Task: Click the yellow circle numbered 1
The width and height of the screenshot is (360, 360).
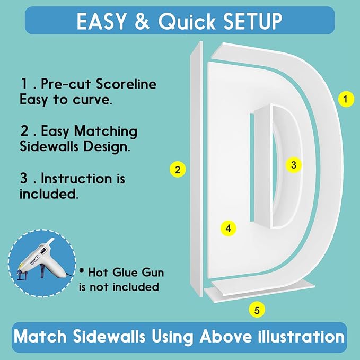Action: (x=346, y=99)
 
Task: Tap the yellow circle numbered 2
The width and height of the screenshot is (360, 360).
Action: (x=178, y=170)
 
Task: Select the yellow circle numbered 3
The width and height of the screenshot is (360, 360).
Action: (x=293, y=165)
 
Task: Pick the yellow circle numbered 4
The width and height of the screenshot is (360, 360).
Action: (x=228, y=229)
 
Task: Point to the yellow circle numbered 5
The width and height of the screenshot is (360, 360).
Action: (x=257, y=310)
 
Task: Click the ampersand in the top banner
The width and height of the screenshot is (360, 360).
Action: (x=142, y=21)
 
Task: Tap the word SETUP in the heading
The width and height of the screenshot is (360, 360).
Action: (x=252, y=21)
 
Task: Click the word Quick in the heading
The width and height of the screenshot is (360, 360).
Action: (x=187, y=21)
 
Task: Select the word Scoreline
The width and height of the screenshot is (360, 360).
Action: (x=126, y=84)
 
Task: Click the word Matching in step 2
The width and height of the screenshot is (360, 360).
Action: (x=106, y=132)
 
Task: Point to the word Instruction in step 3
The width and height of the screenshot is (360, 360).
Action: (x=77, y=178)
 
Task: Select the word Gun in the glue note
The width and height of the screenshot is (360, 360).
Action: (x=153, y=273)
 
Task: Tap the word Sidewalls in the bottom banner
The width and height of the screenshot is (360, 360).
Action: (x=109, y=337)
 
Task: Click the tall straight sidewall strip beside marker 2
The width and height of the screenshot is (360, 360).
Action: (x=197, y=169)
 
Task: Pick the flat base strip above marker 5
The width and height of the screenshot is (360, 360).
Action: (x=259, y=291)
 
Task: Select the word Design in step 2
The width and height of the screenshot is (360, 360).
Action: (x=107, y=147)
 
